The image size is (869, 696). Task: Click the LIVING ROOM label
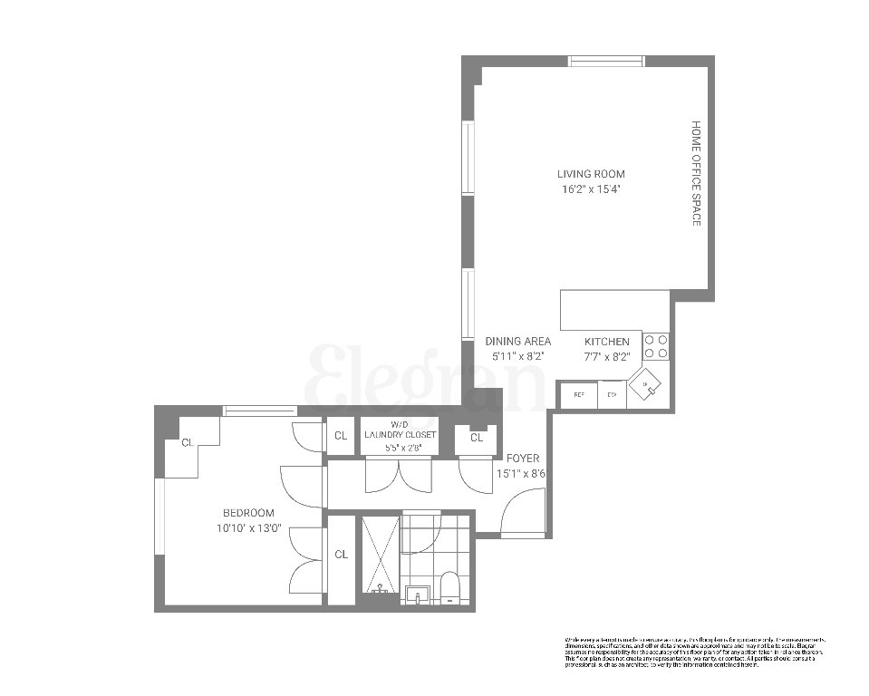pos(591,174)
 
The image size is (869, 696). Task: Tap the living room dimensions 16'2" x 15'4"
pos(591,189)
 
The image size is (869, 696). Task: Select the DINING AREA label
pos(518,342)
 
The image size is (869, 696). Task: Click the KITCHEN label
pos(606,342)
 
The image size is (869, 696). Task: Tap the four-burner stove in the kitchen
pos(657,345)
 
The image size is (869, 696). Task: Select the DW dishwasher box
pos(612,395)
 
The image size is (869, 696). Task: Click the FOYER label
pos(523,459)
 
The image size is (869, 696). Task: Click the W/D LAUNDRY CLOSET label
pos(400,430)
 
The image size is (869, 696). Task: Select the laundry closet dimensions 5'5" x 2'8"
pos(400,447)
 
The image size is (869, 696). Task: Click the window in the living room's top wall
pos(606,61)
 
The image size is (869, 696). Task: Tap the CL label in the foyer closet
pos(477,438)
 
